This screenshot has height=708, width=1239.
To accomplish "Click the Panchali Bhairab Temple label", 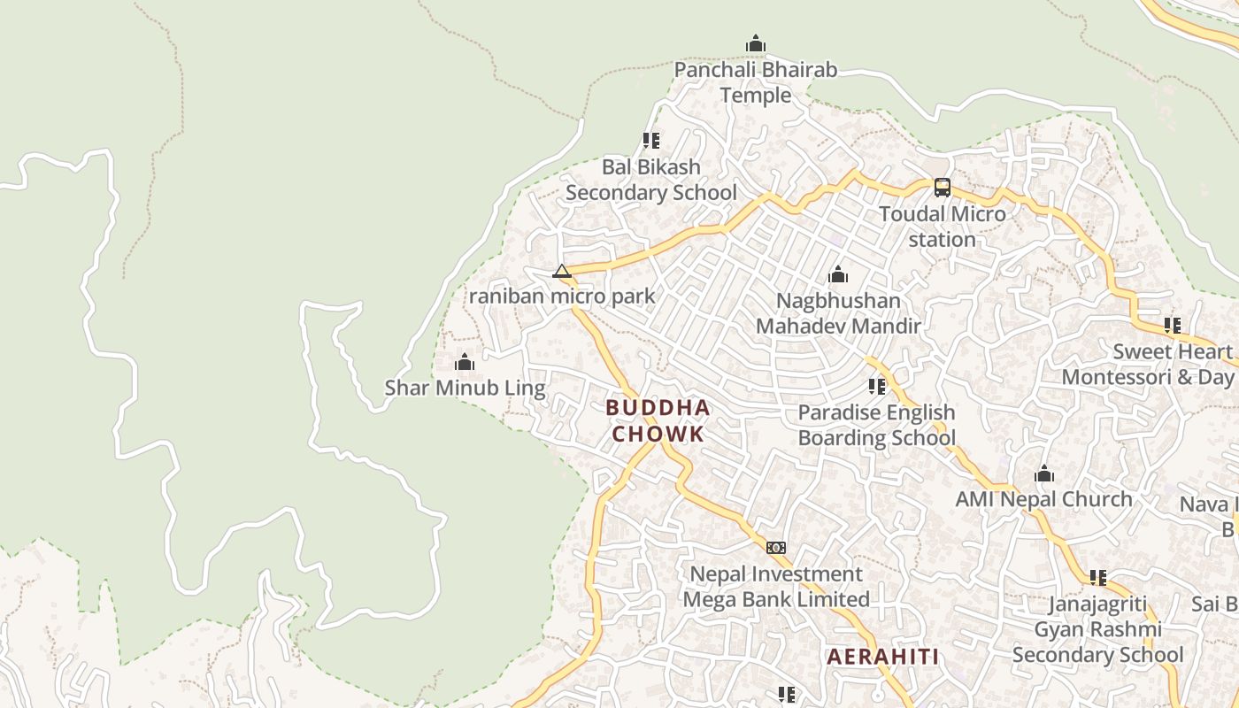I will [755, 82].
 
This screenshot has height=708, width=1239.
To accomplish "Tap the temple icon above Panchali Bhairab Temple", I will [755, 43].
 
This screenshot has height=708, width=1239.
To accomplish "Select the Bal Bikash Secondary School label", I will [651, 180].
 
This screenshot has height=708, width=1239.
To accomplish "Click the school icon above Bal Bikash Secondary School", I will [651, 140].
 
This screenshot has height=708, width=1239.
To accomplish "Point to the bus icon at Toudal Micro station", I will [943, 188].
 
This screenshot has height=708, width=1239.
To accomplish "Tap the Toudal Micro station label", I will [943, 227].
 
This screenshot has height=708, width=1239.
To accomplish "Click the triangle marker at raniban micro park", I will [562, 271].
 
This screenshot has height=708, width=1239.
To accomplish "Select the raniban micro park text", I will [562, 296].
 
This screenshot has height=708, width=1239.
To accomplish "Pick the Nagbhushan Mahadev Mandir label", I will [838, 313].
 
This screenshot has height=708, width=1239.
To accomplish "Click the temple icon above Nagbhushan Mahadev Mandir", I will [838, 275].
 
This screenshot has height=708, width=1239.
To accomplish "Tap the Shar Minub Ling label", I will [465, 388].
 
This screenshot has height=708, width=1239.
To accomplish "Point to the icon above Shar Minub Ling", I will [465, 362].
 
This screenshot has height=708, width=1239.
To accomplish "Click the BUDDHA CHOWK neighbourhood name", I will [658, 420].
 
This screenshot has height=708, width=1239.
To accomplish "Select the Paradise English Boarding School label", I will [877, 425].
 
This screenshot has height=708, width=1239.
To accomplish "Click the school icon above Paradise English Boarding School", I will [877, 386].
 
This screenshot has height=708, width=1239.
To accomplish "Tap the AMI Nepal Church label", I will [1043, 499].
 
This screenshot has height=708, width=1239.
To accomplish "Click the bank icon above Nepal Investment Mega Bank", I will [776, 548].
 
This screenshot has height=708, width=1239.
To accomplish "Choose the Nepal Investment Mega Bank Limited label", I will [776, 587].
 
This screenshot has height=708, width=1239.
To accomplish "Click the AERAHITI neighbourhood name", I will [882, 657].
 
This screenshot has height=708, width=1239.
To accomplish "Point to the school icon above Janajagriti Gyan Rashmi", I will [1098, 578].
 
